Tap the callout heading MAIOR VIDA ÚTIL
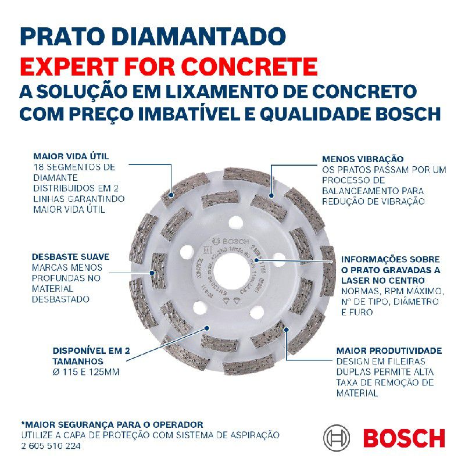[x=71, y=156]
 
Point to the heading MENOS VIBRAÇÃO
[x=363, y=159]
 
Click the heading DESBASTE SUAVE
[x=71, y=256]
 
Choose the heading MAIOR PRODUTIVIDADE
[x=389, y=351]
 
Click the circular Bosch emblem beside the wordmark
[x=337, y=438]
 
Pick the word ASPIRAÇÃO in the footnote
[x=256, y=435]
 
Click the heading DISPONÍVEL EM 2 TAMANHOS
[x=91, y=356]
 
